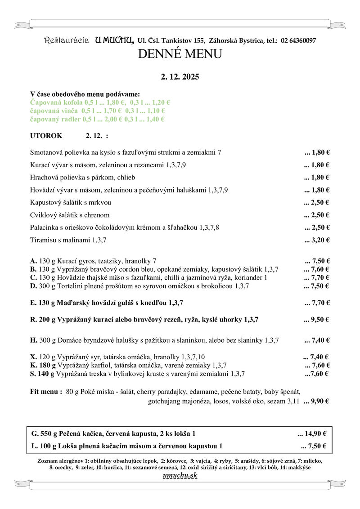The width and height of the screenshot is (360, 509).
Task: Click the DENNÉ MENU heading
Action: click(x=180, y=54)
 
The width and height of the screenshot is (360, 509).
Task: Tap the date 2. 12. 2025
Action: click(x=180, y=77)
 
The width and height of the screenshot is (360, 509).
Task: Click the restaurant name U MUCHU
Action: click(x=114, y=40)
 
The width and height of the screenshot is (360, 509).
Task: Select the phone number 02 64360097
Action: click(x=298, y=41)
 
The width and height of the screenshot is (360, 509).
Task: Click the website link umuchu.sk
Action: click(x=180, y=476)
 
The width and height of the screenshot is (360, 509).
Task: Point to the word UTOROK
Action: click(x=46, y=135)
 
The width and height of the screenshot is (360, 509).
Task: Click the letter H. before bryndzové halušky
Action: click(x=33, y=340)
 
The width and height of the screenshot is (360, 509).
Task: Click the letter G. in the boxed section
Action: click(x=35, y=434)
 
